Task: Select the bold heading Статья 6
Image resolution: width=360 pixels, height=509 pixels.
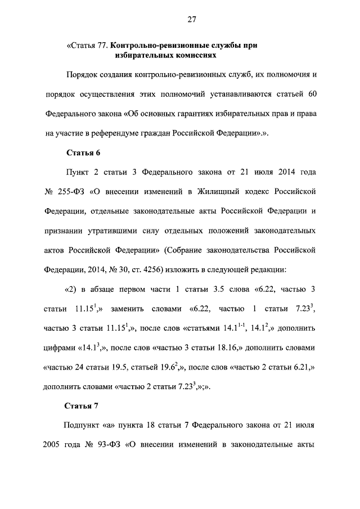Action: click(x=83, y=152)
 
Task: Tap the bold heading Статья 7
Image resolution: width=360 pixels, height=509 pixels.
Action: click(x=83, y=406)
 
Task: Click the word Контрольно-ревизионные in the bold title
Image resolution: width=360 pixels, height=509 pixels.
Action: click(x=157, y=44)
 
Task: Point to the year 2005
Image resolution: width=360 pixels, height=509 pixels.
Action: click(x=53, y=443)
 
